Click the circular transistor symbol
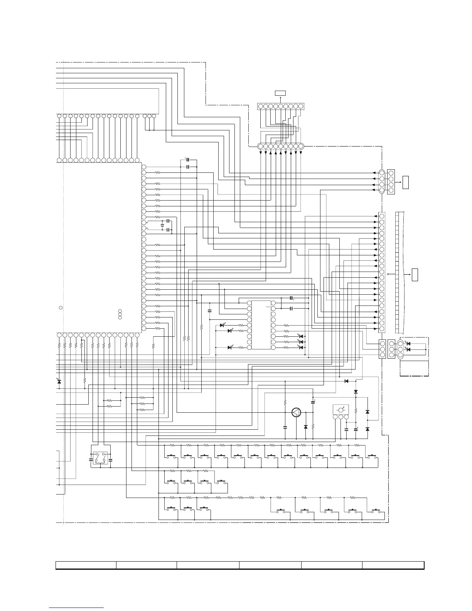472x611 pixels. coord(296,412)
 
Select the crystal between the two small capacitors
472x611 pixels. coord(162,225)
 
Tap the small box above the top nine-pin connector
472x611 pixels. coord(280,93)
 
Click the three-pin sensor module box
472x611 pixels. coord(341,409)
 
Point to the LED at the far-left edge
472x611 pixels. coord(59,381)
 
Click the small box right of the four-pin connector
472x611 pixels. coord(405,182)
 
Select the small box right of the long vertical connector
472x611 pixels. coord(415,275)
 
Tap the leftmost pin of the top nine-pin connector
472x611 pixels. coord(260,106)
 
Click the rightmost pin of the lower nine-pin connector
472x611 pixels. coord(301,146)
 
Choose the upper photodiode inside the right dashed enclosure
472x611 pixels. coord(408,344)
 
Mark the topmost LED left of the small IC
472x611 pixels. coord(222,325)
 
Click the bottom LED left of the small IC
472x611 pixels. coord(230,347)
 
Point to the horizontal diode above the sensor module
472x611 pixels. coord(346,381)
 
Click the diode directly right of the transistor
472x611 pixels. coord(306,427)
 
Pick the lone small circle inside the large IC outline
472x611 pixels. coord(61,307)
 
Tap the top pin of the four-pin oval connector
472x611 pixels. coord(382,173)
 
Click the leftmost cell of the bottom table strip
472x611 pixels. coord(86,565)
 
